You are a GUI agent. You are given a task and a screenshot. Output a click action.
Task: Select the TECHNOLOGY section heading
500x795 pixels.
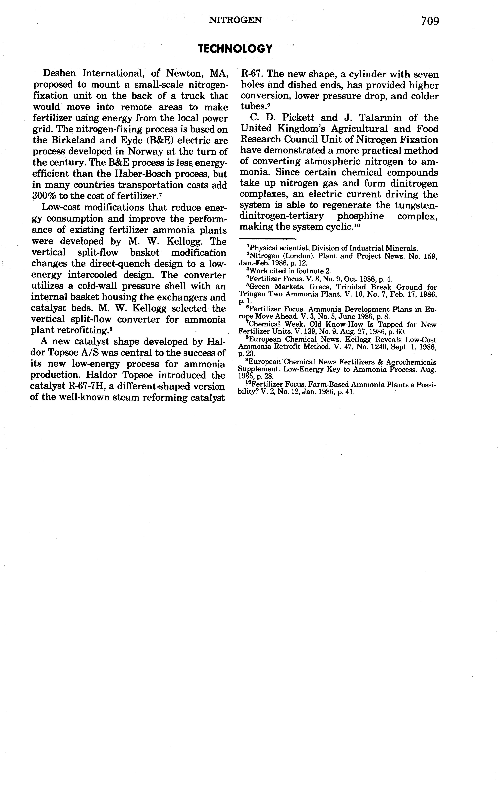tap(235, 49)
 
